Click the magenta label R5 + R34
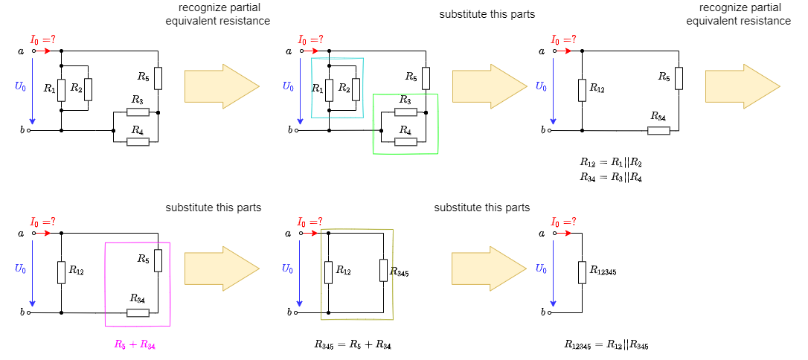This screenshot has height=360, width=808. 135,344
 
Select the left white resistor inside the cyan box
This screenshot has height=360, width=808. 329,90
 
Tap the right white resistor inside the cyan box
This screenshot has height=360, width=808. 356,89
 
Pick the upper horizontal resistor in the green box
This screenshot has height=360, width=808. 405,112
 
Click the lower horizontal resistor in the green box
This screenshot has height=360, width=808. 405,141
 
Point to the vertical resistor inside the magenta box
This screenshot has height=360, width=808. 158,260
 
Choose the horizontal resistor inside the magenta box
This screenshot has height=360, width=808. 138,312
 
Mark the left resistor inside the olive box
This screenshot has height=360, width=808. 328,272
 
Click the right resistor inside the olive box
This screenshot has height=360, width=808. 383,270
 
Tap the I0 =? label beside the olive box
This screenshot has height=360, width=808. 310,222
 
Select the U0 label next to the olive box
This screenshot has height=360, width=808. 287,269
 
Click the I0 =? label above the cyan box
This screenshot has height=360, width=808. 311,39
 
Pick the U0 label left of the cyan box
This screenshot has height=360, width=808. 288,86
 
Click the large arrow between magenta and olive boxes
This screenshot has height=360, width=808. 222,268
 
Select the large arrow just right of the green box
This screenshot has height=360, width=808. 490,86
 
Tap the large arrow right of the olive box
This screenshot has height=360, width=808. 489,268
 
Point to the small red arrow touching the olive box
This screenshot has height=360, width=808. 310,233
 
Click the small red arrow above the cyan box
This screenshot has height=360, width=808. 311,51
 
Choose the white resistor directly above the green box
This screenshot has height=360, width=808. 426,78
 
